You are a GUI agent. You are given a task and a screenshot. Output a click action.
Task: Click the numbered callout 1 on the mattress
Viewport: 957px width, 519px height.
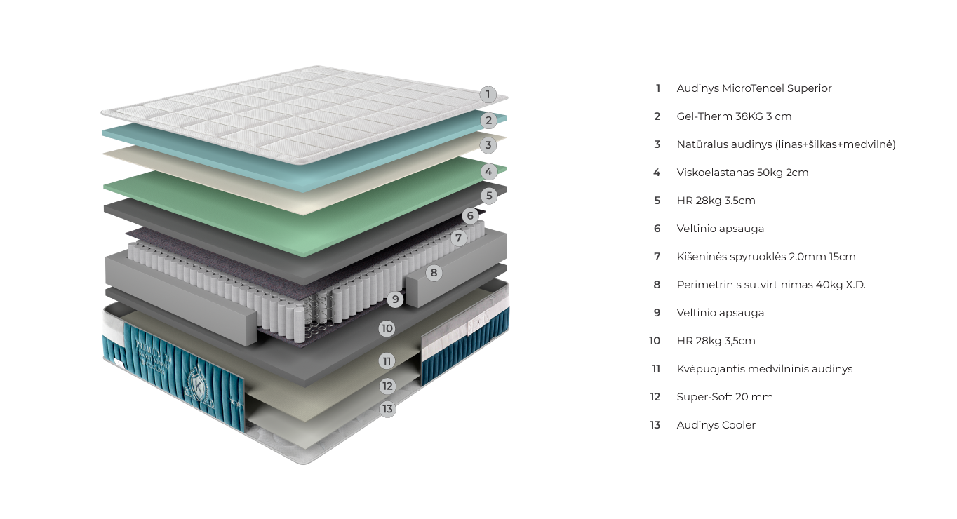pos(488,94)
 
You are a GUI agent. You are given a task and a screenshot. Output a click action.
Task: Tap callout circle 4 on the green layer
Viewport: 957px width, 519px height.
pos(489,170)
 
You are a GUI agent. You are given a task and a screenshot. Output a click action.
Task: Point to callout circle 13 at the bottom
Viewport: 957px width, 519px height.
pos(387,408)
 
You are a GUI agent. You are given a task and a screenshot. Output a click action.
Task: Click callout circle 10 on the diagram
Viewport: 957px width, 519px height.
pos(387,328)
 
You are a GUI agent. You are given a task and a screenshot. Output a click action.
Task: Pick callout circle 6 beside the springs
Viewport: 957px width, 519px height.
pos(470,215)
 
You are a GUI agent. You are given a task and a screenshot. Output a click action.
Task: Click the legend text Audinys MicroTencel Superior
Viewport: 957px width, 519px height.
pos(754,88)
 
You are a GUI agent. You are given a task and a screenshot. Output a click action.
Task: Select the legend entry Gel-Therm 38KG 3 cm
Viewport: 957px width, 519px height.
pos(733,116)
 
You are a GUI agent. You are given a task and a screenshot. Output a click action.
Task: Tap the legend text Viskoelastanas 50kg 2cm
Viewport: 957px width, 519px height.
pos(742,173)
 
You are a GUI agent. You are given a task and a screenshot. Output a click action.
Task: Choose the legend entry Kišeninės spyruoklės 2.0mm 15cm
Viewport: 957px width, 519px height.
pos(765,257)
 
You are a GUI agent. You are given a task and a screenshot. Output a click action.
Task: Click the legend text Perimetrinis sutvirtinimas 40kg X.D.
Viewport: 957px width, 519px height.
pos(770,285)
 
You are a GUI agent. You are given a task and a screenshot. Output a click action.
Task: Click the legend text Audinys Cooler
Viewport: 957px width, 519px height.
pos(716,425)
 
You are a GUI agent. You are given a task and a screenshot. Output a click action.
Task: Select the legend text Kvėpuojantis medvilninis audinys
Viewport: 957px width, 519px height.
pos(764,369)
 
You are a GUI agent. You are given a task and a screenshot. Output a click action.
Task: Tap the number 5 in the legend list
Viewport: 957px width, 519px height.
pos(657,201)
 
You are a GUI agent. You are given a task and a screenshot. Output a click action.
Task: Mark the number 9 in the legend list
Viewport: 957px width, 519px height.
pos(657,313)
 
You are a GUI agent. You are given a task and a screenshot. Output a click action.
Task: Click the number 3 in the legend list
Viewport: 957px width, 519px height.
pos(657,144)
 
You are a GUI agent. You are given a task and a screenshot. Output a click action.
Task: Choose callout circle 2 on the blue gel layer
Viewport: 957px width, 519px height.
pos(489,120)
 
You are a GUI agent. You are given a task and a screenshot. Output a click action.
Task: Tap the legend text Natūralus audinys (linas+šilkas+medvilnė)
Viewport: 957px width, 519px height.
pos(786,144)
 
